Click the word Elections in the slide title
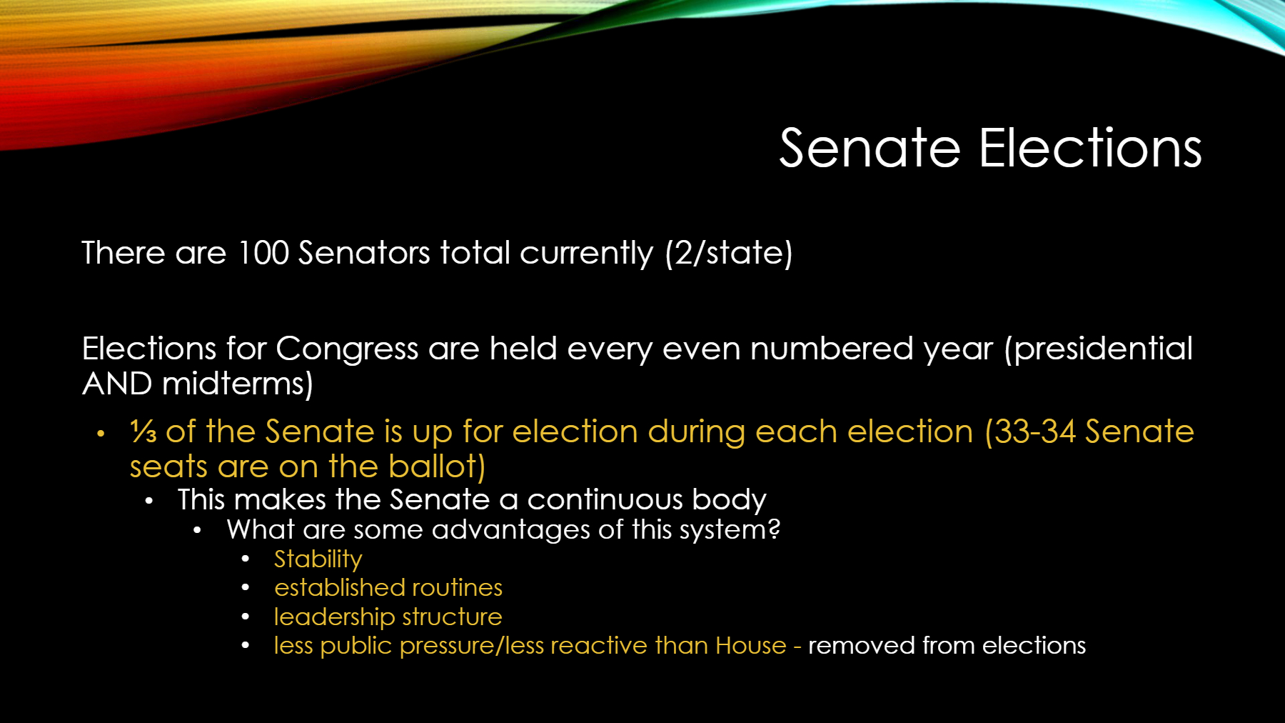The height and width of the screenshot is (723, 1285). [1090, 149]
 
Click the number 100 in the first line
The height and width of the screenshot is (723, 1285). [263, 253]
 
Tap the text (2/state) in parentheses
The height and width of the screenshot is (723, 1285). [729, 254]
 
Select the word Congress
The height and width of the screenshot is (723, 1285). [347, 349]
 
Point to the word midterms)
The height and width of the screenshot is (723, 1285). [238, 384]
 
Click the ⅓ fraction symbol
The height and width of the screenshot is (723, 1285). [143, 432]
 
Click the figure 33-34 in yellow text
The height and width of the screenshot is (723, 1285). [1034, 432]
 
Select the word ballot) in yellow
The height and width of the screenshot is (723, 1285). [437, 467]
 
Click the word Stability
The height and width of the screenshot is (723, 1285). [318, 559]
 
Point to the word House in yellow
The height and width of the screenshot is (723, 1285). [751, 645]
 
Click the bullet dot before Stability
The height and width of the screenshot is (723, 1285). [246, 559]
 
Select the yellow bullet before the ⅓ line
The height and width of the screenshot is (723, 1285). [101, 433]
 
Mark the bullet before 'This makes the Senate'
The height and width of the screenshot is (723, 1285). [148, 501]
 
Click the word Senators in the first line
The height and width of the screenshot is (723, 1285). [364, 253]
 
